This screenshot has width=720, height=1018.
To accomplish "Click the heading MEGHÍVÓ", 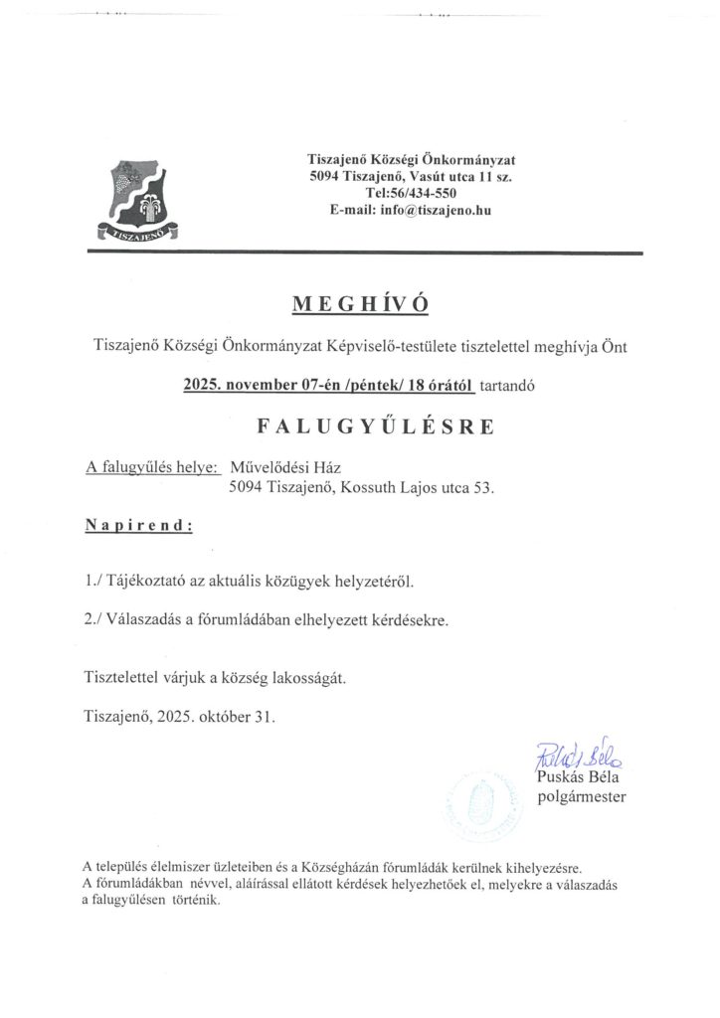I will click(x=359, y=304).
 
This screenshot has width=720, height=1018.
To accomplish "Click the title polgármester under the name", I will click(x=582, y=796).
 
